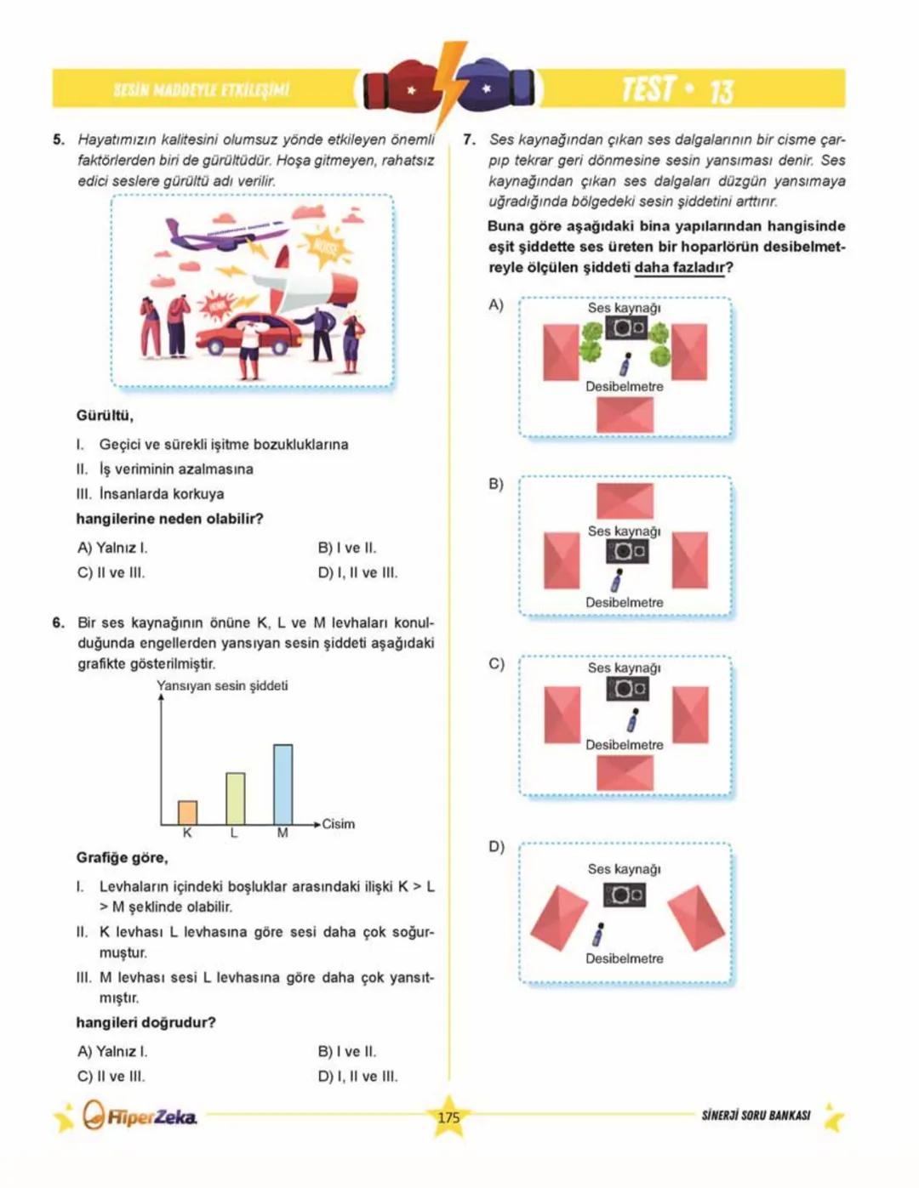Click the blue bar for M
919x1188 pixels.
[283, 784]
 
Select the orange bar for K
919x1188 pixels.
[187, 812]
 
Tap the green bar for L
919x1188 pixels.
[235, 798]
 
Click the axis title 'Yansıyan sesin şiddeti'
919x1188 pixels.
[222, 685]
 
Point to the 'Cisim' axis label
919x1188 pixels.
[338, 823]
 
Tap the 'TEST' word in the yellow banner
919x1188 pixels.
[648, 89]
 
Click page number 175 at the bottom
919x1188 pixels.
[448, 1117]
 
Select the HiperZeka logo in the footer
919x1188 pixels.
[140, 1116]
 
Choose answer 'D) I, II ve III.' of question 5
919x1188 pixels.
[357, 572]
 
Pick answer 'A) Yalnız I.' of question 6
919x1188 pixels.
[112, 1051]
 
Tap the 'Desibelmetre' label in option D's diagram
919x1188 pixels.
[624, 958]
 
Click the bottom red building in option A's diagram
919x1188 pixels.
[625, 415]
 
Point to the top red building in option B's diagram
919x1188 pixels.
[625, 500]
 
